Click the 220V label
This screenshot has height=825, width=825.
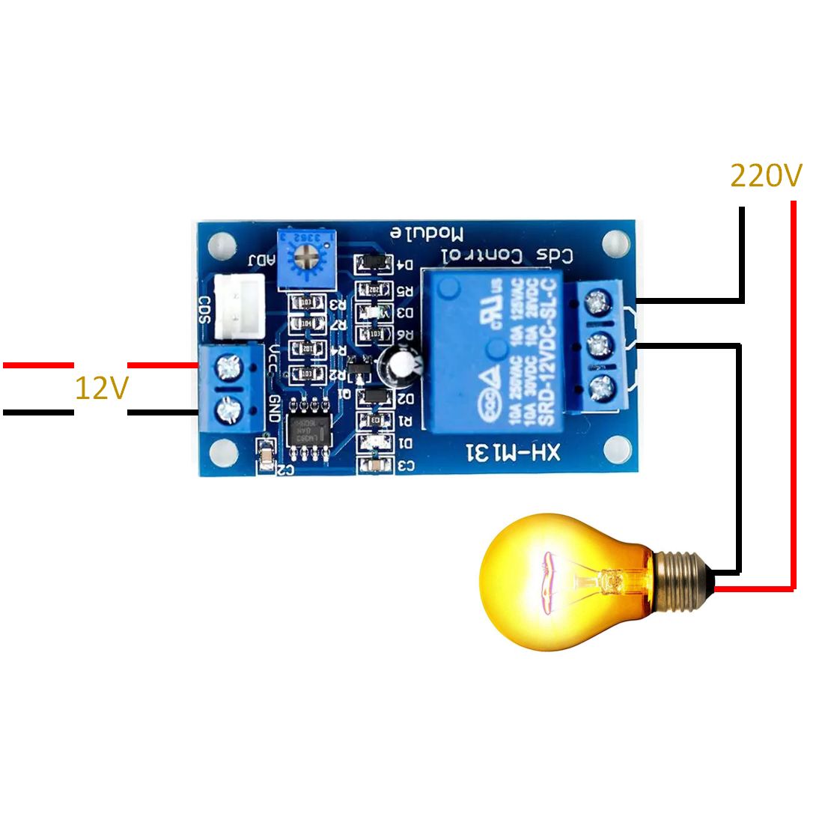pos(765,176)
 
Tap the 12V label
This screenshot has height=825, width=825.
pos(101,389)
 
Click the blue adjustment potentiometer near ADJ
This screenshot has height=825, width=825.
pos(303,259)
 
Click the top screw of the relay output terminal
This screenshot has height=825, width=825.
pos(597,302)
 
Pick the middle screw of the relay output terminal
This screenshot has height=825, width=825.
pos(597,345)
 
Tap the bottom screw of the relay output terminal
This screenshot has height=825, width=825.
pos(597,388)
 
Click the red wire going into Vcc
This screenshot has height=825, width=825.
pos(162,365)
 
